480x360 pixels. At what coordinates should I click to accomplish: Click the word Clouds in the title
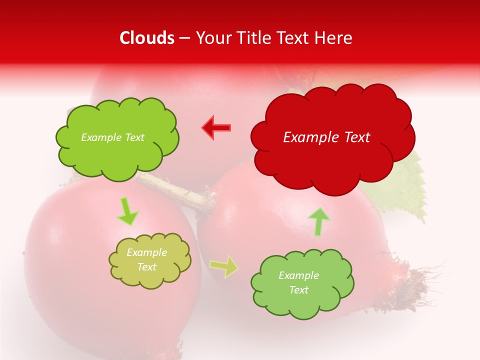147,38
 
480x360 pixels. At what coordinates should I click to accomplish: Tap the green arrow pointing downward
127,211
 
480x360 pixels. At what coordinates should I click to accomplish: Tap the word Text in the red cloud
357,137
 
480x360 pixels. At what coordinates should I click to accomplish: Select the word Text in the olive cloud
146,267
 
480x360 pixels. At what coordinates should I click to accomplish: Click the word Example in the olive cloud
146,252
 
